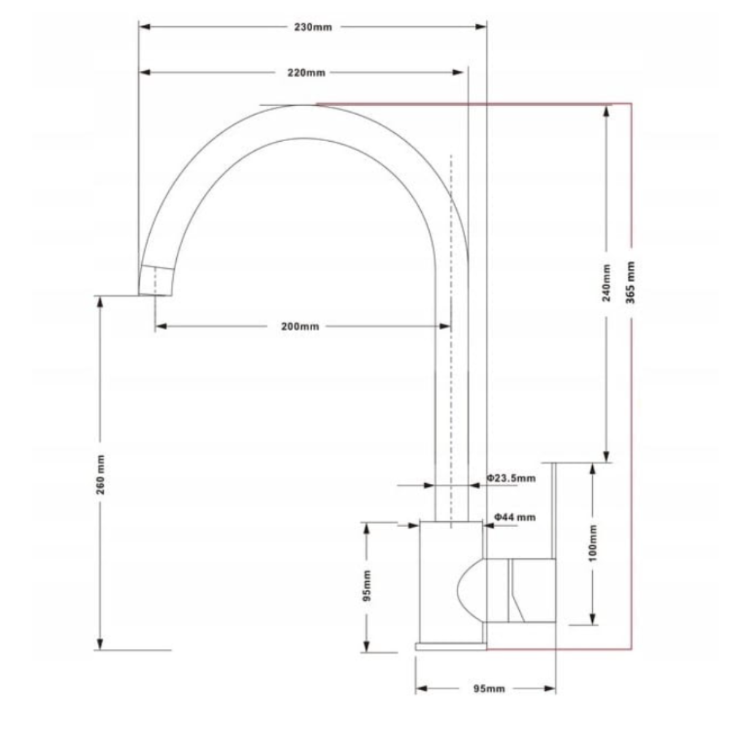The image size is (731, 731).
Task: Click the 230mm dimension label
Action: (x=313, y=27)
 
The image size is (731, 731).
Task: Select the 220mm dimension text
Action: (x=306, y=72)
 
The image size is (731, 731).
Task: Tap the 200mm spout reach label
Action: (x=300, y=326)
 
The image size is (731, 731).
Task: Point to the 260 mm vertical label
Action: (x=101, y=474)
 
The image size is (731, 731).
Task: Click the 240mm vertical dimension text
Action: (x=606, y=283)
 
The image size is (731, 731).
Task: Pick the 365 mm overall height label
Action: (x=630, y=282)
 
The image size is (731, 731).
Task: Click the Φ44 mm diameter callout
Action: (x=515, y=517)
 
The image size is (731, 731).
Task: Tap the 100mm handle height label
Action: (x=593, y=543)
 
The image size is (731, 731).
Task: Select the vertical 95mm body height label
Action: (x=367, y=586)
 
